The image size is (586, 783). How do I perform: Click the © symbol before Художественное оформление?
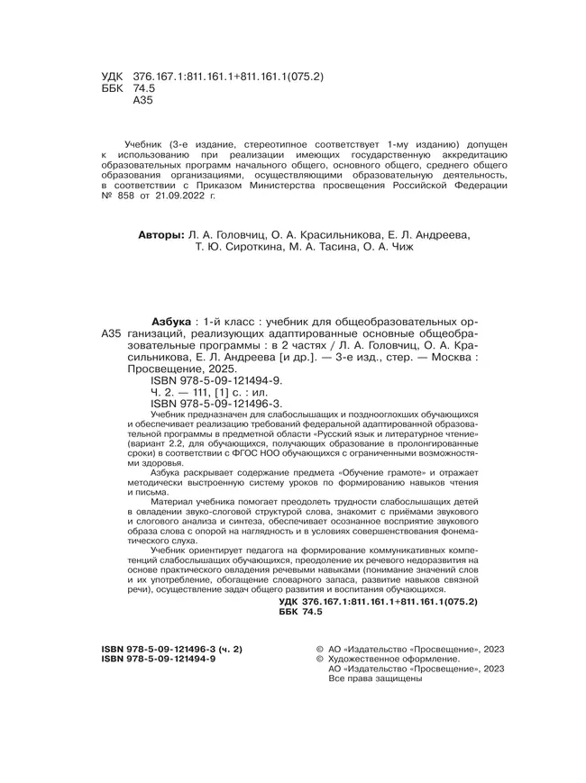pyautogui.click(x=316, y=659)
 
